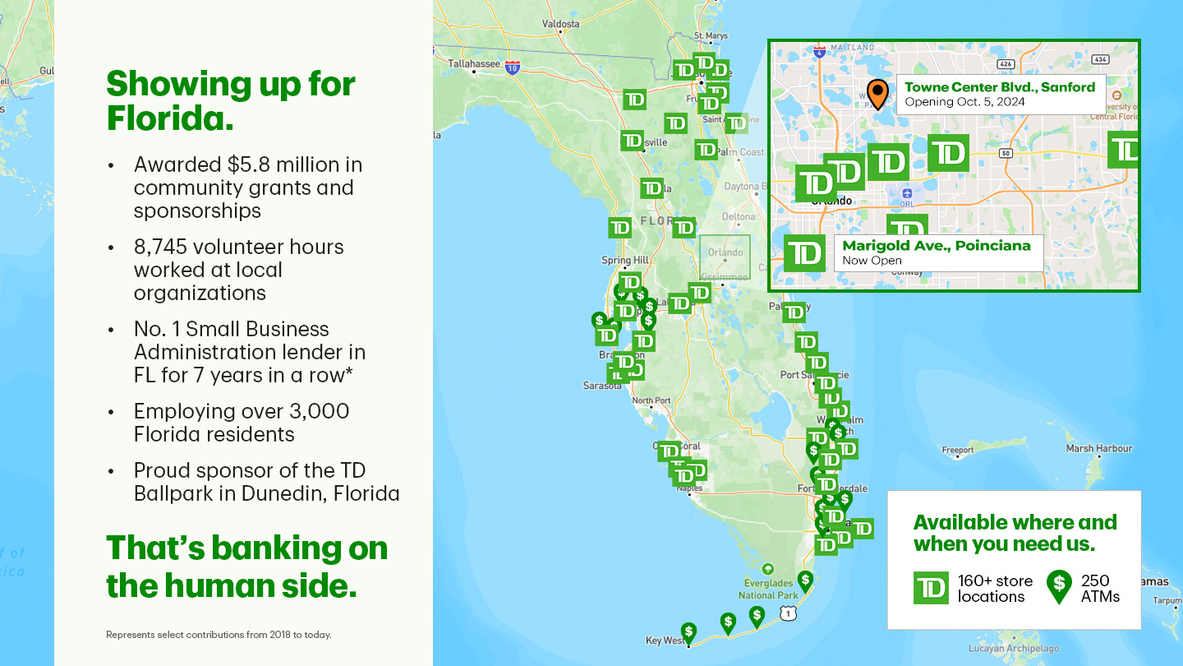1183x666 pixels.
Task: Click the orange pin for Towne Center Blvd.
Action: (x=877, y=94)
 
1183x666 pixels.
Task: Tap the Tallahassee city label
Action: (x=474, y=63)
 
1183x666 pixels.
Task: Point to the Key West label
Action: (x=665, y=641)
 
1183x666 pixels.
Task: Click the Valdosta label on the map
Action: (x=561, y=24)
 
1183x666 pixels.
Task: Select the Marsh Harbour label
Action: (x=1098, y=448)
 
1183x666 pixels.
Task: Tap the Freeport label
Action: (x=957, y=450)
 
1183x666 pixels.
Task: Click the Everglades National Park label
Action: (x=768, y=589)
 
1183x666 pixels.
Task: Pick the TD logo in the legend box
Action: (x=931, y=587)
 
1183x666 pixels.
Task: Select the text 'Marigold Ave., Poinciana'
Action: (x=936, y=245)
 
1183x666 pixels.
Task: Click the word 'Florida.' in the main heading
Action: (x=170, y=119)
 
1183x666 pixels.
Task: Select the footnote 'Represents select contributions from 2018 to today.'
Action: (x=219, y=635)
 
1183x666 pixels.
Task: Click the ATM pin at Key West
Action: (x=688, y=632)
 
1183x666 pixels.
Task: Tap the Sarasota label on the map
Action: (x=602, y=385)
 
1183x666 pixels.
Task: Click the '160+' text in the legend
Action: (x=975, y=580)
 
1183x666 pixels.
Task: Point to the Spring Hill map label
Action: (x=625, y=260)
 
